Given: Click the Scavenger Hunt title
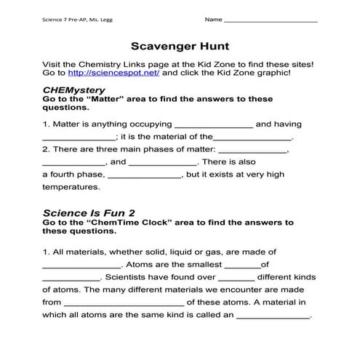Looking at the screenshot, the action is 180,46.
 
